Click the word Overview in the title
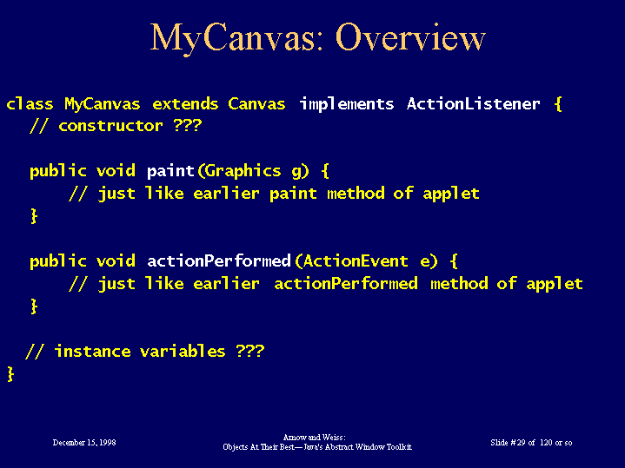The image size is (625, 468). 410,37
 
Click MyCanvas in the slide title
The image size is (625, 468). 236,38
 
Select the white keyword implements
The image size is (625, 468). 347,104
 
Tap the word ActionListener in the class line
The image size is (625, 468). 474,104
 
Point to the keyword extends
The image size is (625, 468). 185,104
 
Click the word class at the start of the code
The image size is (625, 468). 30,104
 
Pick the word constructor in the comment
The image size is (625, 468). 110,126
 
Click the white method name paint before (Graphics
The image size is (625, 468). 170,171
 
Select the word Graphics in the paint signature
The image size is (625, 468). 243,171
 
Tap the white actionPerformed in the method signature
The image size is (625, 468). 219,261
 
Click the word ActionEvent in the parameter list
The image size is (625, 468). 356,261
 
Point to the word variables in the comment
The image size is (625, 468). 183,352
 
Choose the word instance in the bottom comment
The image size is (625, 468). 92,352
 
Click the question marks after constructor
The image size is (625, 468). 188,125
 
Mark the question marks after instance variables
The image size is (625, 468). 250,351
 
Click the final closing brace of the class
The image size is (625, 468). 10,374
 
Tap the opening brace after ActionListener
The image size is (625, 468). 558,104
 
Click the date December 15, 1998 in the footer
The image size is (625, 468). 84,443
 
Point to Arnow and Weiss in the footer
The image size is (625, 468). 314,438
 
